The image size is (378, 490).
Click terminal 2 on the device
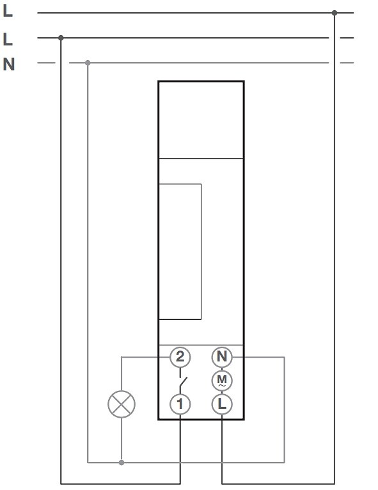click(x=180, y=357)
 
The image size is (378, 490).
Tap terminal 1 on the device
click(x=180, y=404)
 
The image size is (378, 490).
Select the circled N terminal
click(x=222, y=357)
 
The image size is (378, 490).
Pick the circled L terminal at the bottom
click(x=222, y=404)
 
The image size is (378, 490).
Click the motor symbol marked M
click(x=222, y=381)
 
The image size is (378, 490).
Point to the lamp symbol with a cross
click(x=122, y=404)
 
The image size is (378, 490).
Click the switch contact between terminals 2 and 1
click(x=182, y=381)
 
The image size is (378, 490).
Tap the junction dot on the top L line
click(x=335, y=13)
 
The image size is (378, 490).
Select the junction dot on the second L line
click(x=61, y=38)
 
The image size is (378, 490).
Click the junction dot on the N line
click(x=88, y=63)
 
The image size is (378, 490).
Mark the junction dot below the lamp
click(x=122, y=462)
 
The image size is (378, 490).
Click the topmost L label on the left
click(x=8, y=11)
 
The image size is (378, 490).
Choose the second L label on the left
click(x=8, y=39)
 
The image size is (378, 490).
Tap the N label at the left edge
click(x=9, y=65)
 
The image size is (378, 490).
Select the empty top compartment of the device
click(x=201, y=120)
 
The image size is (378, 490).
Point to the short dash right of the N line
click(x=347, y=63)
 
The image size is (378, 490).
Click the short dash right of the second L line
click(x=347, y=38)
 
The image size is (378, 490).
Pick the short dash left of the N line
click(x=46, y=63)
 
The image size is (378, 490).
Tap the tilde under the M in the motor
click(x=222, y=386)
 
